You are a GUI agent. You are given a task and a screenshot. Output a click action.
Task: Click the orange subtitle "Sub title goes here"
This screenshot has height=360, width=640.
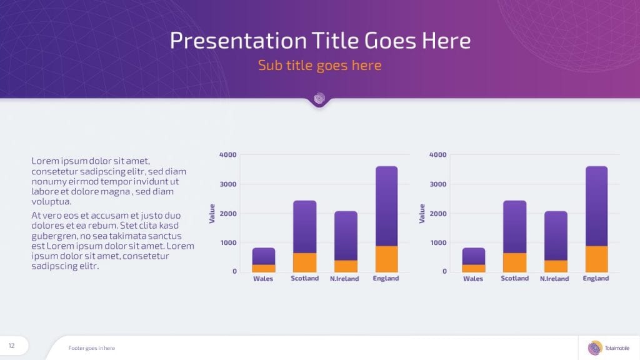pos(319,65)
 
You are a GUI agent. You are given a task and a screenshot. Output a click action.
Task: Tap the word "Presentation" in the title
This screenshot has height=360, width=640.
pos(238,41)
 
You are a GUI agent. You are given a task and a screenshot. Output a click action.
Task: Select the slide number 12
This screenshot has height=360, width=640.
pos(11,346)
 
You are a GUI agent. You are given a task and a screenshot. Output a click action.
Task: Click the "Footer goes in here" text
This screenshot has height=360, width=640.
pos(91,348)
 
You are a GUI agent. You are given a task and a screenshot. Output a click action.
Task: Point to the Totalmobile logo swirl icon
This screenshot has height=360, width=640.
pos(595,347)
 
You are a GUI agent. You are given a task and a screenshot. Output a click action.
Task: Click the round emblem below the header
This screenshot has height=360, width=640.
pos(319,98)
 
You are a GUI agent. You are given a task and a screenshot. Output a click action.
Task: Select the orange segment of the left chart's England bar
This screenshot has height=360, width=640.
pos(386,259)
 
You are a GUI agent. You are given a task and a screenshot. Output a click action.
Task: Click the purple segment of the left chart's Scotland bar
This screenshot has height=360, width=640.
pos(304,227)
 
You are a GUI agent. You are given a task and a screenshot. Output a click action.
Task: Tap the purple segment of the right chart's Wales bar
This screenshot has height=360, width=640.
pos(474,256)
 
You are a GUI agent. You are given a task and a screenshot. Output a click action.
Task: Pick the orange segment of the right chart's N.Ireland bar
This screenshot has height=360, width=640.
pos(556,266)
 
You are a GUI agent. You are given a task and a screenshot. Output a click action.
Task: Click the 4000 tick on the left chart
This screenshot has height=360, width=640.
pos(227,155)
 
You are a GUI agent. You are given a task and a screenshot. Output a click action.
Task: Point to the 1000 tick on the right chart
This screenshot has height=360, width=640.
pos(438,242)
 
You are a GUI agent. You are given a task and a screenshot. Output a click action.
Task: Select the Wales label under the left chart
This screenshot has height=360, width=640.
pos(263,279)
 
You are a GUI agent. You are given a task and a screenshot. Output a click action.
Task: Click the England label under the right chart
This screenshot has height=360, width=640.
pos(596,278)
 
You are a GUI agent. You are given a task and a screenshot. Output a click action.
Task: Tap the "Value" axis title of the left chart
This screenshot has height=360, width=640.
pos(212,214)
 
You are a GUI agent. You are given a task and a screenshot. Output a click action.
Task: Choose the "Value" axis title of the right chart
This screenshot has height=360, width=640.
pos(422,214)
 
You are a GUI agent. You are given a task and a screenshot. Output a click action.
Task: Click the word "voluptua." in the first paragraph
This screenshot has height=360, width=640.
pos(51,202)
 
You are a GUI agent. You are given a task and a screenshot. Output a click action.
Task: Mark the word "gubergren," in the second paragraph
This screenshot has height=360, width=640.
pos(54,236)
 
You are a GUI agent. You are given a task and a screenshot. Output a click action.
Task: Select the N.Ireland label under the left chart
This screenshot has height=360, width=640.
pos(344,279)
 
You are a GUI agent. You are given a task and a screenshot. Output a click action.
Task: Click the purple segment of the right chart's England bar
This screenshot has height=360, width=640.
pos(596,206)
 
